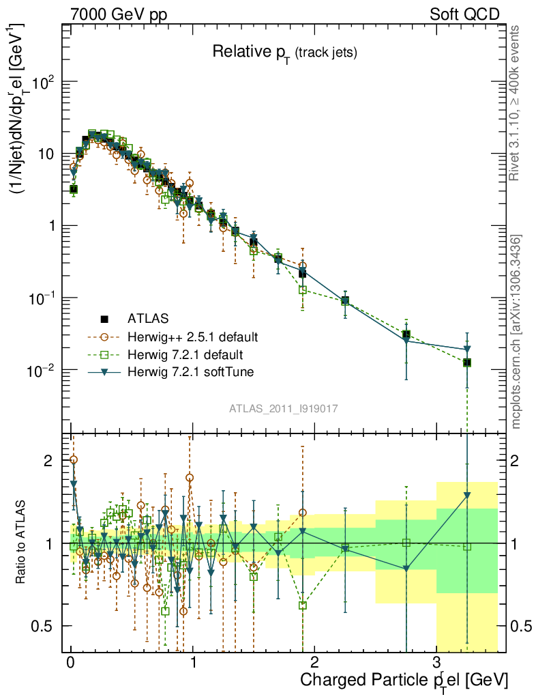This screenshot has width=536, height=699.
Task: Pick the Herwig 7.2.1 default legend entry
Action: [x=186, y=355]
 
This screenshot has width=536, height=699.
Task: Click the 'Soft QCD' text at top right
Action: [x=464, y=14]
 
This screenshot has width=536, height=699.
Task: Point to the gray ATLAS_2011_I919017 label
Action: [x=284, y=408]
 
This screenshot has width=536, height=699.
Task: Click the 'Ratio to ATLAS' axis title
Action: [x=22, y=543]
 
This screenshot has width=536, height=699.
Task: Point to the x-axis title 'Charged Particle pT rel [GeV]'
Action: [x=404, y=681]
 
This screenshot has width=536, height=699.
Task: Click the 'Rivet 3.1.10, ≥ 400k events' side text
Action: [x=517, y=102]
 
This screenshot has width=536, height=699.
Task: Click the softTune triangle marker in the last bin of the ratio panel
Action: [x=467, y=496]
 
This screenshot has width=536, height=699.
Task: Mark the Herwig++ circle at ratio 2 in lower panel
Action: [x=74, y=460]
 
